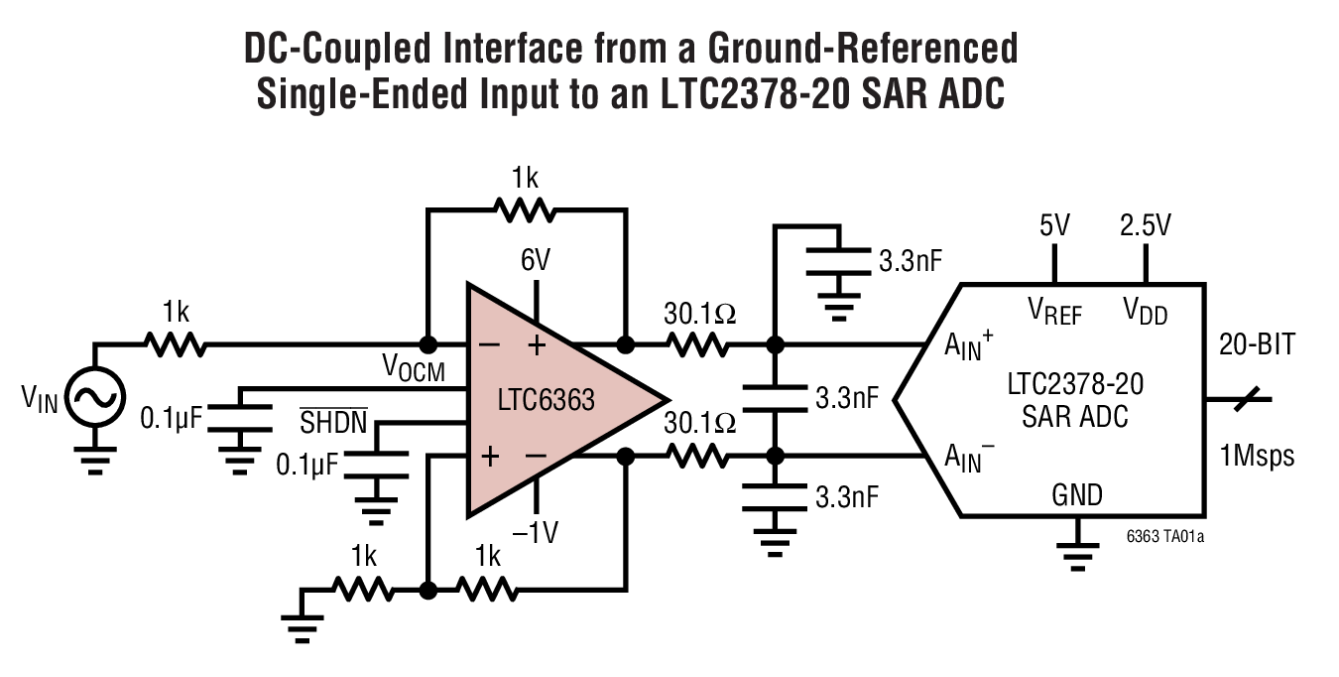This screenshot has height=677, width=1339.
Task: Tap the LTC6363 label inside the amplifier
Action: [547, 401]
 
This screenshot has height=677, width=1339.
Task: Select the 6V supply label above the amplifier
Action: [536, 260]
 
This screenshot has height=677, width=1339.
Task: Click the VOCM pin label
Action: [414, 370]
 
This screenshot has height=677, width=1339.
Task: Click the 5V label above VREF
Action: [1054, 225]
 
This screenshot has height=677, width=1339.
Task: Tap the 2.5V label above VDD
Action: [1145, 225]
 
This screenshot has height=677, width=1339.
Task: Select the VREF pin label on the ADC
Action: [1054, 313]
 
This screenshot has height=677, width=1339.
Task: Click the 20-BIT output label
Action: [1257, 344]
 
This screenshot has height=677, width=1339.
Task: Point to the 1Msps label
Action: [1257, 455]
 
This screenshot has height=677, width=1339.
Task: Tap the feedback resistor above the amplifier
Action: [526, 209]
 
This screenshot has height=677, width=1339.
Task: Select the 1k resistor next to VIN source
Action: [176, 344]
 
